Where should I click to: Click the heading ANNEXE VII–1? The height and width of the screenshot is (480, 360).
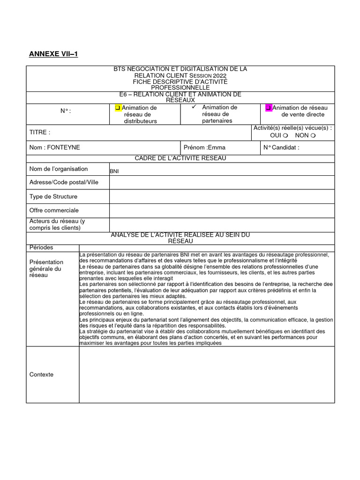click(x=53, y=54)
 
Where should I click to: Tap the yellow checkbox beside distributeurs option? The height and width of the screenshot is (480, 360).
click(x=118, y=108)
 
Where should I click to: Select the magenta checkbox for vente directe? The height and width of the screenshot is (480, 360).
click(x=269, y=108)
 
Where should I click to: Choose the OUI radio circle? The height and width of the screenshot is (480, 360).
click(x=285, y=135)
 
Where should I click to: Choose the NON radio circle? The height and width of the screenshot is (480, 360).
click(x=313, y=135)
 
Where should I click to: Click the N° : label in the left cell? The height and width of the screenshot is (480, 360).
click(x=66, y=111)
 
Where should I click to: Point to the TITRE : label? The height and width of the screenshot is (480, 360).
click(x=40, y=133)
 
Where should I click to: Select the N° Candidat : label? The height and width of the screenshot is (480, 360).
click(x=281, y=147)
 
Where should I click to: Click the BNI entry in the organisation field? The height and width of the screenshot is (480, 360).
click(x=114, y=172)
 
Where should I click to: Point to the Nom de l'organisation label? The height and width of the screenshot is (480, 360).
click(x=59, y=169)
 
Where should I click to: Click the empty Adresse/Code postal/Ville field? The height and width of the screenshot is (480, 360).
click(x=222, y=182)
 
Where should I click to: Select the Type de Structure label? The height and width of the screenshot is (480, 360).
click(x=53, y=196)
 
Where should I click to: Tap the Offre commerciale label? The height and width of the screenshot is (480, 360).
click(x=54, y=210)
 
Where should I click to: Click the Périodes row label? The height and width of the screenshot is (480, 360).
click(x=41, y=247)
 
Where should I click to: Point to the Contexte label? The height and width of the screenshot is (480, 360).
click(x=41, y=375)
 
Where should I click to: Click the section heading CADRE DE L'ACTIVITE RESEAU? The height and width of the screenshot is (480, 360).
click(x=180, y=158)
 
